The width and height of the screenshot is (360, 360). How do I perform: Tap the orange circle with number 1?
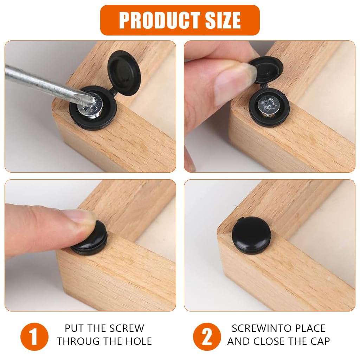[34, 336]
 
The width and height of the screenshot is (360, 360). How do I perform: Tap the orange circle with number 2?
[207, 336]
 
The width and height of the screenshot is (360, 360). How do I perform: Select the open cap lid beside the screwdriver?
[123, 72]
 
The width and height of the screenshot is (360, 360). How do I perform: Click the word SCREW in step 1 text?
[127, 328]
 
